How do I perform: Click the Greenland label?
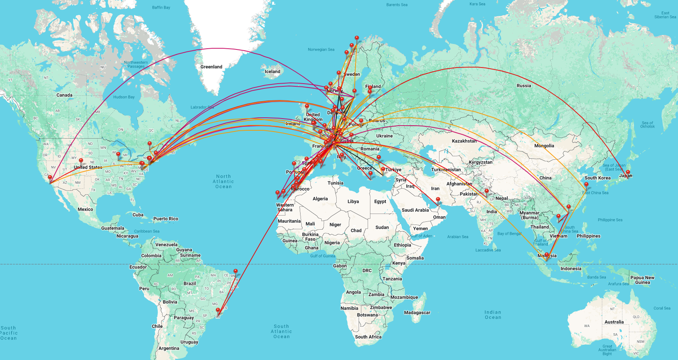click(211, 67)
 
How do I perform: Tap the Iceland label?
click(272, 71)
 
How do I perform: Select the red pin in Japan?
click(627, 173)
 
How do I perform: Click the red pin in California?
click(50, 178)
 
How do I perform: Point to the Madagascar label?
click(417, 312)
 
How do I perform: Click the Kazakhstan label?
click(464, 141)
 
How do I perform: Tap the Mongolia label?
click(544, 146)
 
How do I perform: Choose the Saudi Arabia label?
click(415, 210)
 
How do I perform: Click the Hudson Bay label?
click(124, 97)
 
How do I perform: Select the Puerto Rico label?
click(166, 219)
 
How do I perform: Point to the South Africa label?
click(368, 337)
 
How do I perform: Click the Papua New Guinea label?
click(642, 280)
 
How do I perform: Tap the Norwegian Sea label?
click(321, 49)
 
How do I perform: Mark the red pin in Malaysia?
click(547, 255)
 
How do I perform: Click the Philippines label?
click(588, 236)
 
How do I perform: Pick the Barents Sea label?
click(397, 5)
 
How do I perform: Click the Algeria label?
click(320, 199)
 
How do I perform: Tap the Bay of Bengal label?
click(509, 234)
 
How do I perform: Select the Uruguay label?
click(189, 342)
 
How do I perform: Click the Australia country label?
click(614, 322)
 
